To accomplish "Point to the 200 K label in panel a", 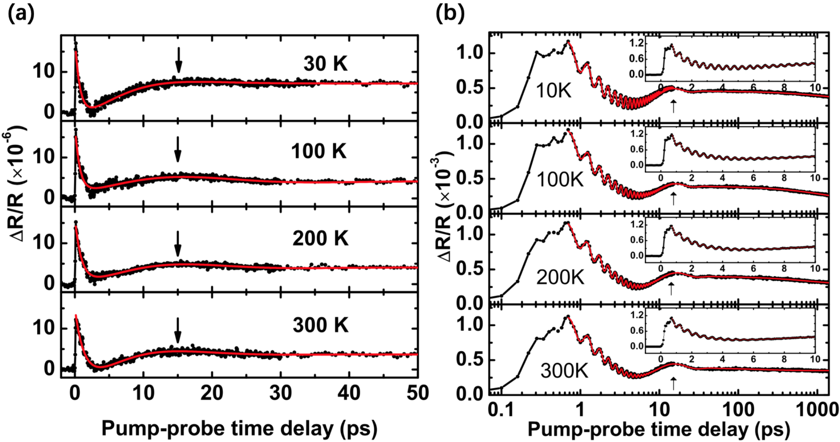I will click(320, 239).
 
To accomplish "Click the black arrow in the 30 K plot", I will click(179, 60).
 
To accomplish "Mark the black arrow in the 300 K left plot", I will click(177, 330).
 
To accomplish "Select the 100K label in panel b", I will click(560, 180).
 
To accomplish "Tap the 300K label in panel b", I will click(564, 370).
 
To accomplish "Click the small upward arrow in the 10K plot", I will click(674, 106).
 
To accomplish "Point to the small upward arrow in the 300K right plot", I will click(674, 383).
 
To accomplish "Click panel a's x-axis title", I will click(240, 428).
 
